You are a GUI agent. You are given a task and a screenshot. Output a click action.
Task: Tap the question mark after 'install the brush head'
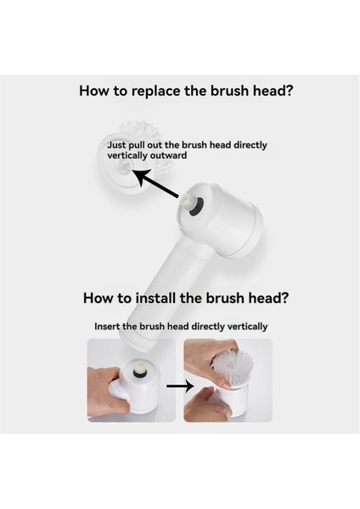pos(284,298)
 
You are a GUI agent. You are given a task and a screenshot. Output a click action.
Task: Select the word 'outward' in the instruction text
pos(168,155)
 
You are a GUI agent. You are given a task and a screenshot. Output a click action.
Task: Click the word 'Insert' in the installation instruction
pos(107,327)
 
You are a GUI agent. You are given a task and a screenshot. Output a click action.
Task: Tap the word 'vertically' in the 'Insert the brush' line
pos(247,327)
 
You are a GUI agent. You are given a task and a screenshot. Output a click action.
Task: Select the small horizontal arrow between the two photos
pos(180,386)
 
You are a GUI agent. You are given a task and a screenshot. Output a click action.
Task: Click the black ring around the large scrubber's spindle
pos(196,207)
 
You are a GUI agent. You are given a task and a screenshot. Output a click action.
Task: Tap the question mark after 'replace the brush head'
pos(289,91)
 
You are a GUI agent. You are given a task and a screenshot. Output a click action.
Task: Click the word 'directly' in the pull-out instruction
pos(250,145)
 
